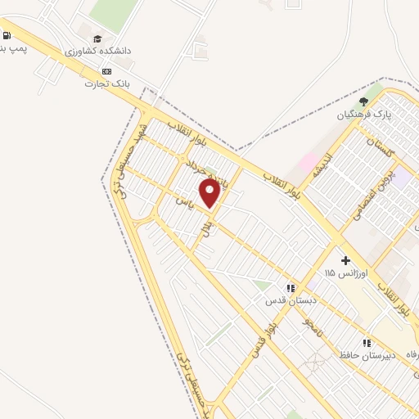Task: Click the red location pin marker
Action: click(x=209, y=192)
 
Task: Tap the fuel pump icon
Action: click(x=7, y=35)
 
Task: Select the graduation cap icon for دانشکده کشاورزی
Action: click(x=97, y=38)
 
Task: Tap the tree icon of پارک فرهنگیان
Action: click(x=363, y=101)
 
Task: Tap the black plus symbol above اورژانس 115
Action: click(x=346, y=259)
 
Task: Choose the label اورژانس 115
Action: click(x=346, y=272)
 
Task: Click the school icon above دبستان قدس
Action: click(x=290, y=288)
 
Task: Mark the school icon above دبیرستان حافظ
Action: click(x=367, y=342)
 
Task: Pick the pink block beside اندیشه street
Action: click(x=309, y=163)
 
